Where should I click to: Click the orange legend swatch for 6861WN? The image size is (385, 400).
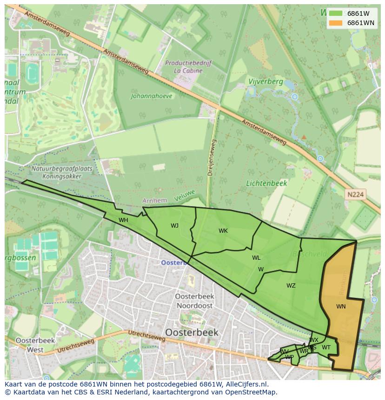click(x=335, y=23)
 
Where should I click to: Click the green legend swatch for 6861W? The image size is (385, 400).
click(x=335, y=13)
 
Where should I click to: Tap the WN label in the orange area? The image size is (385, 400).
click(x=341, y=307)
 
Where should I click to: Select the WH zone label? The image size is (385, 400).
click(x=123, y=220)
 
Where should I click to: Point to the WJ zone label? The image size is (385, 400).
click(x=174, y=226)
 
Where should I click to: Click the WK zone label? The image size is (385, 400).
click(x=223, y=230)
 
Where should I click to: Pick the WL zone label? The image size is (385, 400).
click(x=256, y=258)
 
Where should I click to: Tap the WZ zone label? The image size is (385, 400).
click(x=291, y=286)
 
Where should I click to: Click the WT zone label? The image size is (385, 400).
click(x=326, y=348)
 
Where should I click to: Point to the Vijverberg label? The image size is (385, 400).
click(x=266, y=81)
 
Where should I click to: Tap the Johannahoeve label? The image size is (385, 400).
click(x=152, y=96)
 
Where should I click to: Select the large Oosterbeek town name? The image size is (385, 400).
click(x=191, y=333)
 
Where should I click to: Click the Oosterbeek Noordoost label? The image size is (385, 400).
click(x=194, y=301)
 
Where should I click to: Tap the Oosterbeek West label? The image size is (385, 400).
click(x=35, y=345)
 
